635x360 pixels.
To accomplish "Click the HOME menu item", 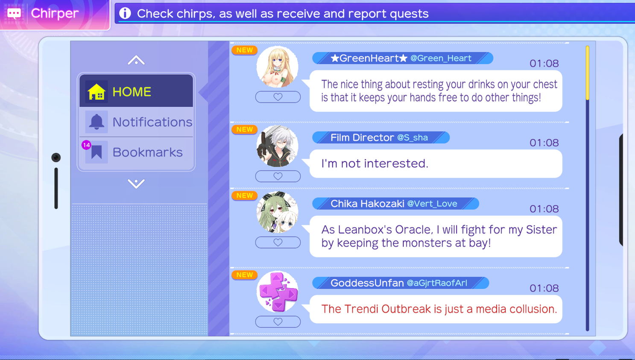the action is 136,91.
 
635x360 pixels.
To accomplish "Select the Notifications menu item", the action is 136,122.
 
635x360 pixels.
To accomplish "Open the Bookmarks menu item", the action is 136,152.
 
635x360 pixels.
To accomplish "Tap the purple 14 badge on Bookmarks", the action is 86,145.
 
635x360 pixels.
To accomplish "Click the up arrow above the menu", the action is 136,60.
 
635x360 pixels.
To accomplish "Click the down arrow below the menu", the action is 136,184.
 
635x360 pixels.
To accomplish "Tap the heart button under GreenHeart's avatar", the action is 278,97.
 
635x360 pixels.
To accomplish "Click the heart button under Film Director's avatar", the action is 278,176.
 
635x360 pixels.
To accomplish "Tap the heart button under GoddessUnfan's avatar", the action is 278,322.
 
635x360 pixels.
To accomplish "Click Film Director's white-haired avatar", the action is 277,146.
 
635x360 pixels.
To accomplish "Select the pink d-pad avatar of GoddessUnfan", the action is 277,292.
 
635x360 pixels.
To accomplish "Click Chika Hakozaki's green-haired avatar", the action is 277,212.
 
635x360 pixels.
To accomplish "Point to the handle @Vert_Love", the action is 432,204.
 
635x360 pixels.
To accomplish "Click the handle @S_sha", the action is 413,138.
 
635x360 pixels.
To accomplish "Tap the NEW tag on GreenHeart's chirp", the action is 244,50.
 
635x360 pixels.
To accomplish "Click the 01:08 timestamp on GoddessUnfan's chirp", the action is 544,288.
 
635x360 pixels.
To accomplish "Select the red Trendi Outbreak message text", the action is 439,309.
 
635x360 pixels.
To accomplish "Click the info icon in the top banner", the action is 125,13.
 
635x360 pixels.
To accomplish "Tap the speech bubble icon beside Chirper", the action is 14,13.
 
